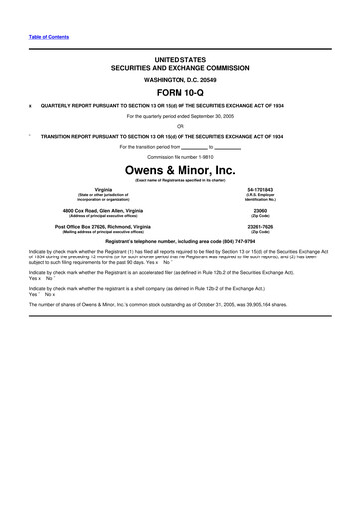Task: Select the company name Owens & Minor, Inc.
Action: (x=180, y=170)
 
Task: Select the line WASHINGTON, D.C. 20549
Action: (x=180, y=77)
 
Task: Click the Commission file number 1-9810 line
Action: (x=180, y=157)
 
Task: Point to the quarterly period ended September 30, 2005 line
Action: (x=180, y=116)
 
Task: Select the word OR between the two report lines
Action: (x=180, y=126)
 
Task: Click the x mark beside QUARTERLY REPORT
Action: (x=31, y=105)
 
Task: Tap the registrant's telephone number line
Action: (x=180, y=242)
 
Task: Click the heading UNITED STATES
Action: (x=180, y=60)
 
